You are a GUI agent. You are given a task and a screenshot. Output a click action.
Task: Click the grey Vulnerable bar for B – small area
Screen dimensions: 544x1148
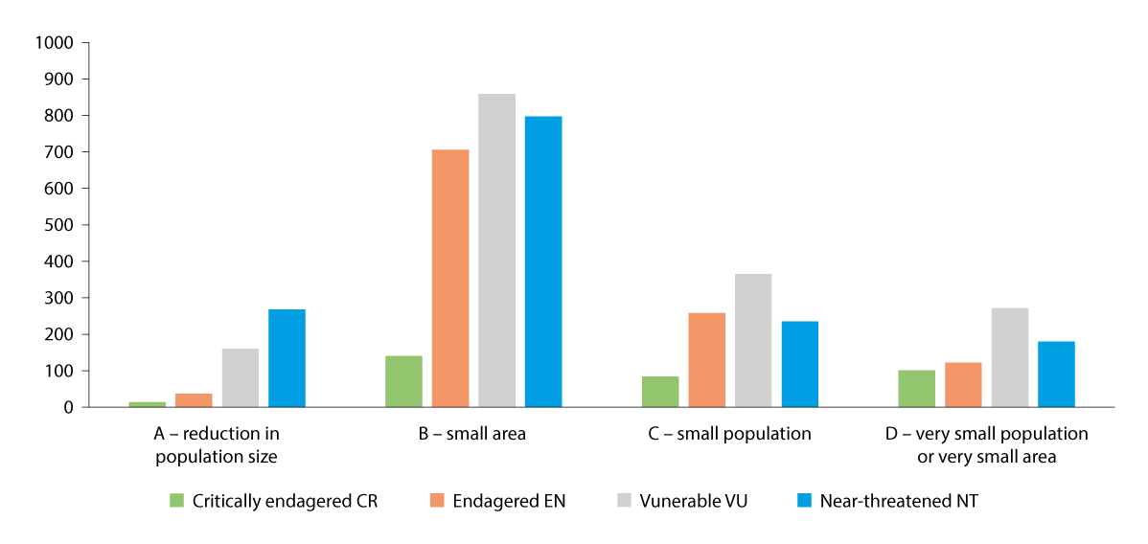pyautogui.click(x=496, y=250)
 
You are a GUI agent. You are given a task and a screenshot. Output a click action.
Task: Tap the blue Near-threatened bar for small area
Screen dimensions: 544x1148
pyautogui.click(x=543, y=261)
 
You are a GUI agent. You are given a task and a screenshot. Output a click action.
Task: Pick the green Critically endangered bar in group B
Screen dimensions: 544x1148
pyautogui.click(x=403, y=381)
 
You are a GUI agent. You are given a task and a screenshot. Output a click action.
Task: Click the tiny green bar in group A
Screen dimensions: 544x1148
pyautogui.click(x=147, y=404)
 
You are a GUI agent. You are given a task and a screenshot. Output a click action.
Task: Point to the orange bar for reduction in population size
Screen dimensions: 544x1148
pyautogui.click(x=194, y=400)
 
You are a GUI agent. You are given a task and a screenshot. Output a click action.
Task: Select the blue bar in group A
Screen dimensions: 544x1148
pyautogui.click(x=287, y=358)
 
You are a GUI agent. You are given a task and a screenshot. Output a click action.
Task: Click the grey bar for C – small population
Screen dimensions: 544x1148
pyautogui.click(x=753, y=340)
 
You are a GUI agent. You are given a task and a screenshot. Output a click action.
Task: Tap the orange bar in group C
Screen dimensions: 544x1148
pyautogui.click(x=707, y=360)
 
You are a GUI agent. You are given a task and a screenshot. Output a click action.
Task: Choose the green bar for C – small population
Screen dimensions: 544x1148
pyautogui.click(x=660, y=392)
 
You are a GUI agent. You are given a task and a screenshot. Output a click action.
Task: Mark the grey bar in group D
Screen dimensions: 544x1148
pyautogui.click(x=1010, y=357)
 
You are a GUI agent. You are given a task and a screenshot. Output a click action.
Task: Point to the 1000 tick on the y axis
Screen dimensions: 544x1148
pyautogui.click(x=54, y=43)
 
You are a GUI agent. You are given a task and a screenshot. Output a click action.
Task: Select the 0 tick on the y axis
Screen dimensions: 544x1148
pyautogui.click(x=67, y=407)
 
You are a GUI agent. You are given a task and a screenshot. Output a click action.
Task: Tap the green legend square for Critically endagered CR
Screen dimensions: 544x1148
pyautogui.click(x=176, y=500)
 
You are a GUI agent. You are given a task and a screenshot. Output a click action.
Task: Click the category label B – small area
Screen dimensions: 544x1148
pyautogui.click(x=472, y=434)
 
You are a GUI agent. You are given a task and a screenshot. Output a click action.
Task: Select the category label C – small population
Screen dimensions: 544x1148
pyautogui.click(x=729, y=434)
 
